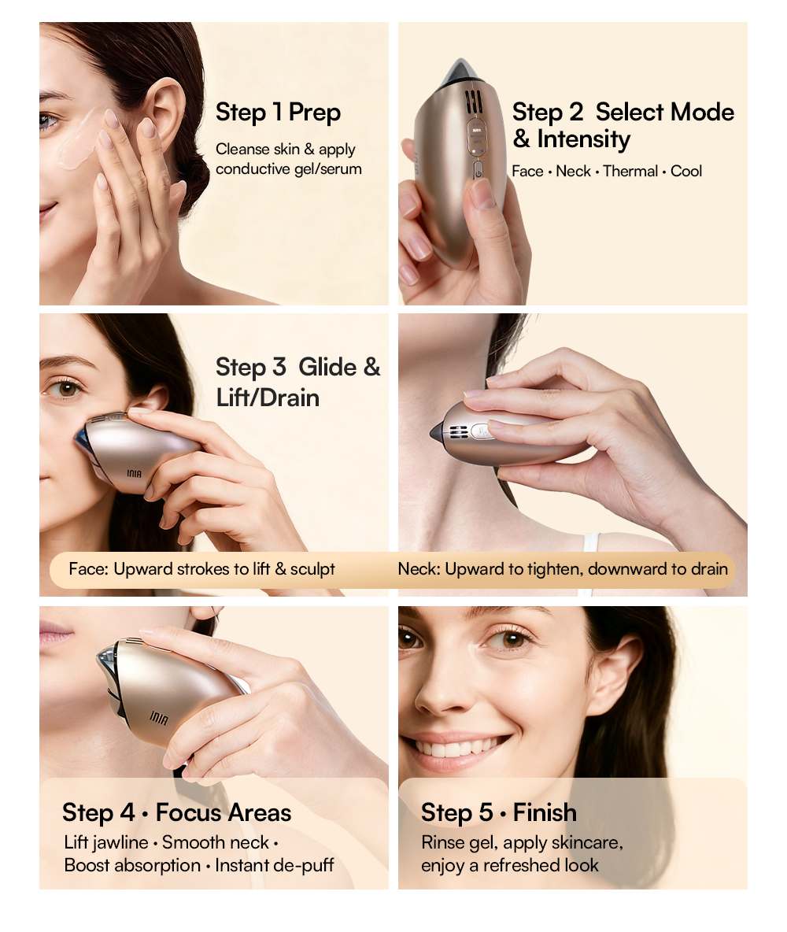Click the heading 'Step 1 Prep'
pos(278,113)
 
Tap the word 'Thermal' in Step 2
pos(630,171)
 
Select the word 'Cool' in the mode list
pos(686,171)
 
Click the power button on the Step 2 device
pos(478,172)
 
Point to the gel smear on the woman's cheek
pos(78,138)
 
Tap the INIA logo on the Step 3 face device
pos(135,473)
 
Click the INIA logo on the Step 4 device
pos(159,718)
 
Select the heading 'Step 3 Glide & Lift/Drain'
pos(297,383)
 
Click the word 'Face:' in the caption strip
pos(89,569)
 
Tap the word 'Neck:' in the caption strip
pos(419,569)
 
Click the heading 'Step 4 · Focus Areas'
pos(176,812)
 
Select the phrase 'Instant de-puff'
pos(275,865)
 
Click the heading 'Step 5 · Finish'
pos(499,812)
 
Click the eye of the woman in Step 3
pos(66,390)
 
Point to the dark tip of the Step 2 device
pos(459,69)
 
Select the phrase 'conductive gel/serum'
pos(289,168)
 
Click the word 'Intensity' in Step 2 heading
pos(584,139)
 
